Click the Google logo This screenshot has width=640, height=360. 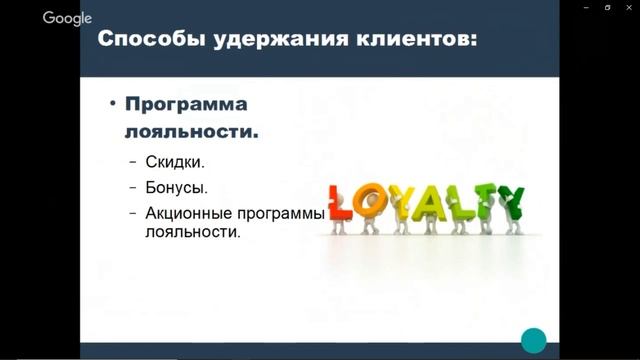pos(67,18)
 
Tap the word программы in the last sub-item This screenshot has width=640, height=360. pos(284,213)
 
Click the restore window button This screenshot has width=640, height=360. pos(607,6)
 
